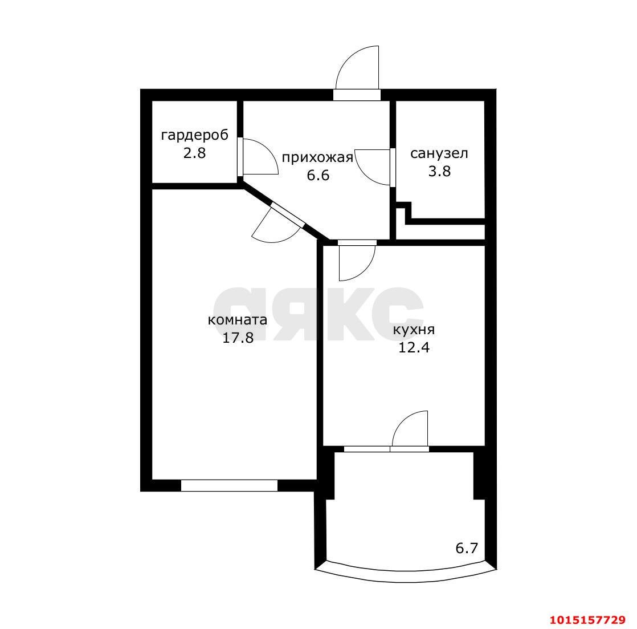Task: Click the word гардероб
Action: (195, 135)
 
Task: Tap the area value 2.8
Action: (195, 153)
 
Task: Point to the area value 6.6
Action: (318, 176)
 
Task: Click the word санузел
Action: (439, 154)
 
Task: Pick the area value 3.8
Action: (439, 171)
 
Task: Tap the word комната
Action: (238, 320)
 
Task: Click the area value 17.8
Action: (238, 338)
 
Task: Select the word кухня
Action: (414, 330)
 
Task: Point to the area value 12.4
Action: (414, 348)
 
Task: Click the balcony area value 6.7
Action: (467, 549)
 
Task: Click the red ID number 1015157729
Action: (587, 620)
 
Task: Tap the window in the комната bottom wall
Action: (229, 485)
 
